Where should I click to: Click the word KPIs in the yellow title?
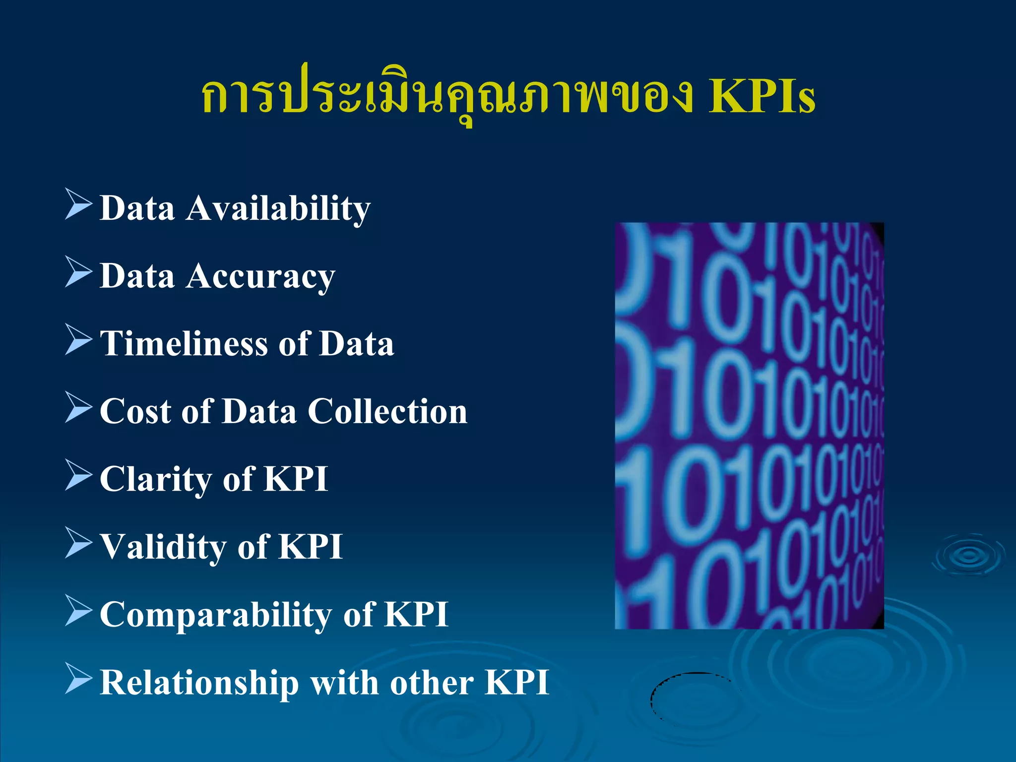point(762,96)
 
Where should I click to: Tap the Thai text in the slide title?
point(446,96)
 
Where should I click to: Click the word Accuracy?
point(261,276)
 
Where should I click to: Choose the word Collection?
point(387,411)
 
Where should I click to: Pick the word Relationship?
point(199,683)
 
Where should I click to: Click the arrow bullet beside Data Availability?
point(78,204)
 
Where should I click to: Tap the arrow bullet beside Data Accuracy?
point(78,272)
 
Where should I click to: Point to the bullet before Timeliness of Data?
point(78,339)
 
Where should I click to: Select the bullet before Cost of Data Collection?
point(78,407)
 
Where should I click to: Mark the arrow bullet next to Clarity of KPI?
point(78,475)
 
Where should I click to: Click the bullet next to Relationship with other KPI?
point(78,678)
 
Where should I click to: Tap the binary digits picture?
point(749,426)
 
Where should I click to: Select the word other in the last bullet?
point(431,683)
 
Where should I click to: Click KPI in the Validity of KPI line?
point(310,547)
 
